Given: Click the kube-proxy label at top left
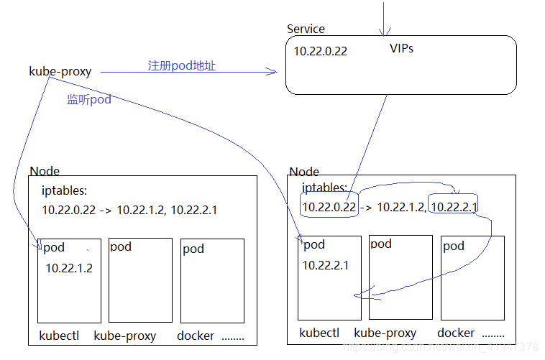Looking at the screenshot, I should click(60, 71).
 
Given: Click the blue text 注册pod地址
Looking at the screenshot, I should click(182, 65).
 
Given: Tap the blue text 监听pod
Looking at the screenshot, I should click(89, 100).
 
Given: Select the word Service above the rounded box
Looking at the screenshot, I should click(306, 29).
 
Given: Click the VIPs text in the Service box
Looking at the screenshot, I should click(401, 49).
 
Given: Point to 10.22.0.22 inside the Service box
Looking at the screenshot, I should click(321, 51).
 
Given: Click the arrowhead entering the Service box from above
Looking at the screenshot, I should click(385, 31).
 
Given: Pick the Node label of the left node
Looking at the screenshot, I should click(45, 171).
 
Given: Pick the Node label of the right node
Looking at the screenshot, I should click(304, 171).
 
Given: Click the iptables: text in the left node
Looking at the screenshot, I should click(65, 192).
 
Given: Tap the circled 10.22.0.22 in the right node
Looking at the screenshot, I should click(329, 207).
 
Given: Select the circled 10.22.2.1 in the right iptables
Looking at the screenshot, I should click(453, 207).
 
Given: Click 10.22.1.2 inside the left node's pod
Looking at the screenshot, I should click(69, 268).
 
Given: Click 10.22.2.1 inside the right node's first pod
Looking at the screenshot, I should click(325, 265).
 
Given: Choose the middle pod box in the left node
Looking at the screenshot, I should click(140, 280).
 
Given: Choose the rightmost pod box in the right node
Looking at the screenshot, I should click(472, 277).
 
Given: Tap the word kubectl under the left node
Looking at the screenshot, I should click(59, 336).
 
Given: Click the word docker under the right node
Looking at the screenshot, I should click(456, 333).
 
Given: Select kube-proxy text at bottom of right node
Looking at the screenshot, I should click(385, 333).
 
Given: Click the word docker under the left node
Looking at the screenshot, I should click(196, 336).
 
